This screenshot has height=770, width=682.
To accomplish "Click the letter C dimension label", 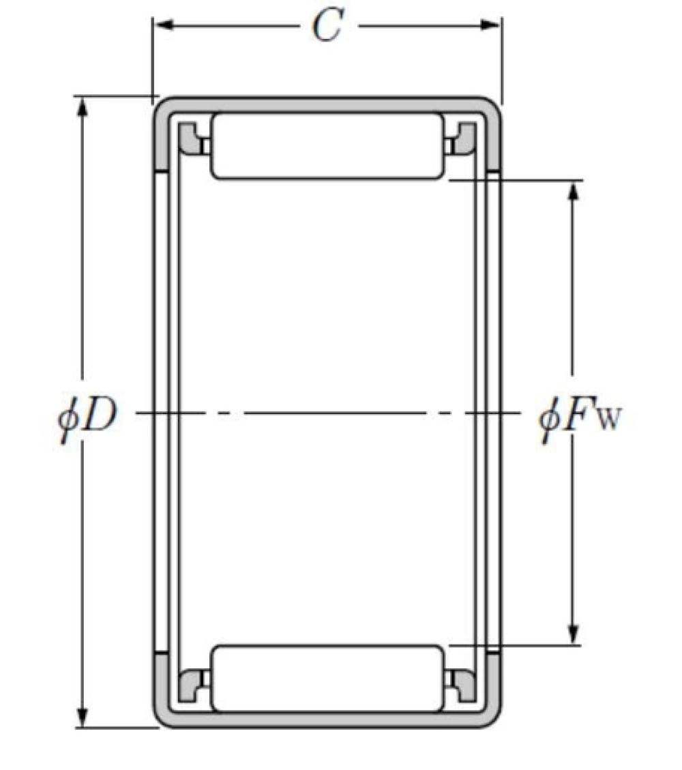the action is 327,25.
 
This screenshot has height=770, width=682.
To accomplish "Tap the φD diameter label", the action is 87,417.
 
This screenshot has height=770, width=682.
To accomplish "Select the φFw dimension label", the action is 580,417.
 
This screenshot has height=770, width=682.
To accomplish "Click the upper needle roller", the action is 327,146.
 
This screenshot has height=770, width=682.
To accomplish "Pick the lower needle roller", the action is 327,679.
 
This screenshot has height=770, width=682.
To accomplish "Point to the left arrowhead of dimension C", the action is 164,25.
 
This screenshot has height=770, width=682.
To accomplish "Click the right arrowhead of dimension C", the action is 490,25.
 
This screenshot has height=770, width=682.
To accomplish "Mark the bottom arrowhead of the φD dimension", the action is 83,717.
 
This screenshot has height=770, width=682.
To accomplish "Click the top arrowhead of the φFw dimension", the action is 572,192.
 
